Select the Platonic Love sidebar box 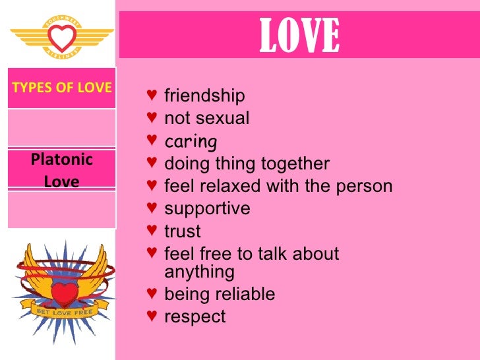click(x=61, y=169)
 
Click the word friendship click(x=204, y=96)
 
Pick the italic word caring click(x=191, y=141)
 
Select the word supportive click(x=207, y=208)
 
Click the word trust click(x=182, y=231)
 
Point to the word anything click(x=199, y=271)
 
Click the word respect click(x=195, y=316)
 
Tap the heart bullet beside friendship click(x=152, y=96)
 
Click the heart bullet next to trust click(x=152, y=231)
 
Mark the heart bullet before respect click(x=152, y=316)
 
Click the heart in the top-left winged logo click(x=62, y=38)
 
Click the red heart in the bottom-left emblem click(x=63, y=291)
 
